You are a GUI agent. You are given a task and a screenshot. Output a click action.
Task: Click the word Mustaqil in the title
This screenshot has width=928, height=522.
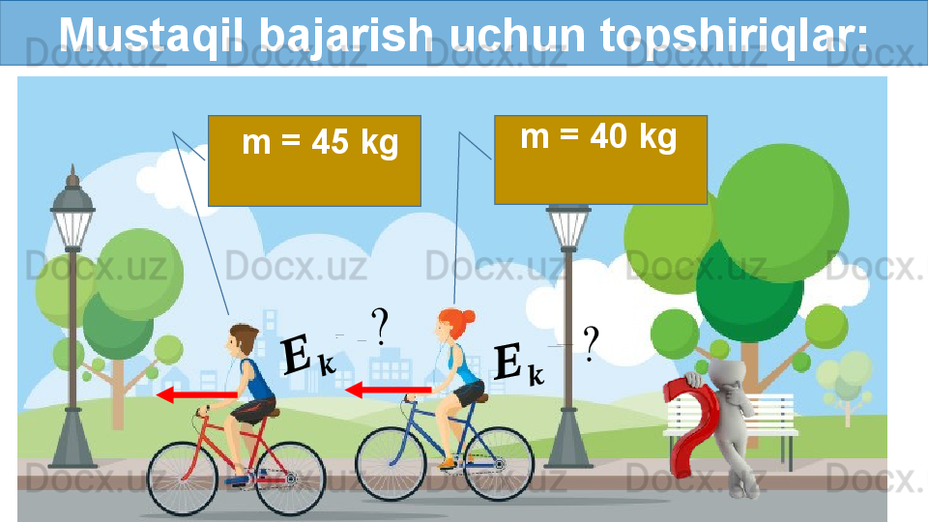pos(155,35)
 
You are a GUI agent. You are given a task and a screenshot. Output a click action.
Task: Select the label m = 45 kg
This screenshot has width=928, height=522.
pos(320,142)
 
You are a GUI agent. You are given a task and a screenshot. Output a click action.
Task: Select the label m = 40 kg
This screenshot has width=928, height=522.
pos(598,136)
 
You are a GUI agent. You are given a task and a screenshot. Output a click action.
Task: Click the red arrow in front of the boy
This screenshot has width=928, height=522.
pos(196,394)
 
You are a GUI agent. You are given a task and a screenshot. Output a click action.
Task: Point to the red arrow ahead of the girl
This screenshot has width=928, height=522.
pos(388,390)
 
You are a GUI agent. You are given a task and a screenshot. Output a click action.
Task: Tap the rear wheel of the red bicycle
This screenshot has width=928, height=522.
pos(290,478)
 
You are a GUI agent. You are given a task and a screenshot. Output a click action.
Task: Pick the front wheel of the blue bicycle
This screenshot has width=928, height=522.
pos(391,463)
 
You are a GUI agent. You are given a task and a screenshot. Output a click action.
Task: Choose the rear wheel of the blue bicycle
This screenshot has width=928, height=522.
pos(499,463)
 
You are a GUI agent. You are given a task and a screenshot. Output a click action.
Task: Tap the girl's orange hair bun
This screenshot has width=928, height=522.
pos(468,317)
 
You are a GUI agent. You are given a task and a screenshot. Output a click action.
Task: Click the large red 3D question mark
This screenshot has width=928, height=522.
pos(690,427)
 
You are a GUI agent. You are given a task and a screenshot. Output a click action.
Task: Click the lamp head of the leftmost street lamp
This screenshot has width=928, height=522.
pos(72,207)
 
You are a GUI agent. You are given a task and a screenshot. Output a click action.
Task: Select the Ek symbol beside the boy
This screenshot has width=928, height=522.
pos(307,356)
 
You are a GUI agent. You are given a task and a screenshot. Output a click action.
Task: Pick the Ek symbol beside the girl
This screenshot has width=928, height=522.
pos(518,363)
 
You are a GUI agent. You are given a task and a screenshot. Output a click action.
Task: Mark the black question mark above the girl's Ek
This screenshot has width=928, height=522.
pos(591,343)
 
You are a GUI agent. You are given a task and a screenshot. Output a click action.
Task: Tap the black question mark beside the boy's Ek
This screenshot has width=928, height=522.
pos(380,327)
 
